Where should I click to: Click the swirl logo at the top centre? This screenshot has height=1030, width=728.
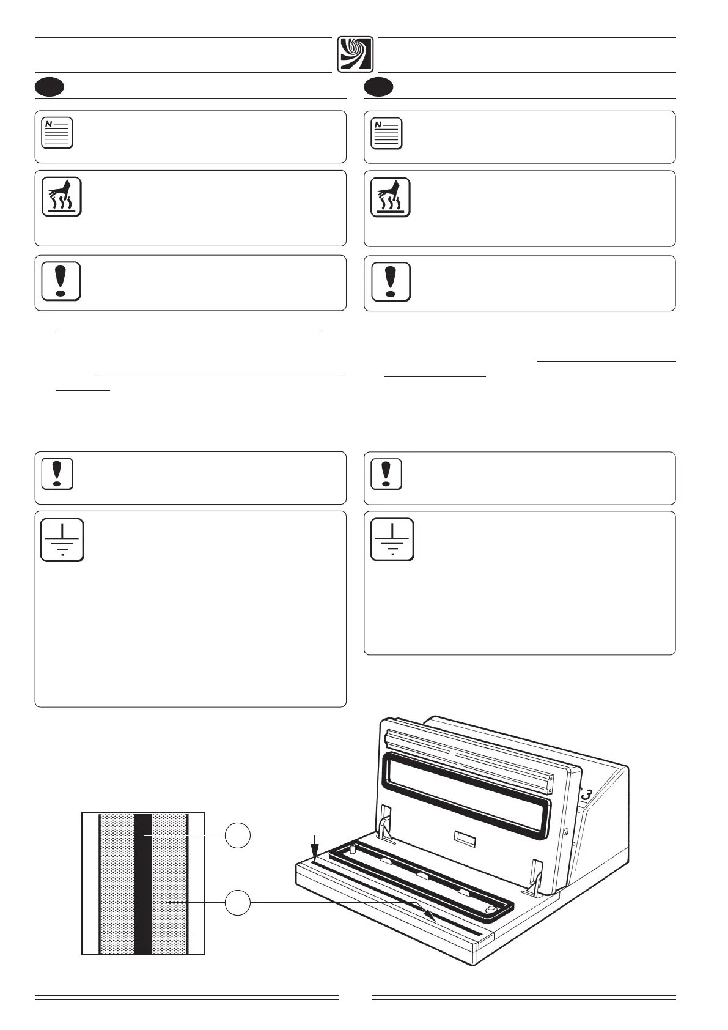pos(355,54)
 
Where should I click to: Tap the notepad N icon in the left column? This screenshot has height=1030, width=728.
pos(57,132)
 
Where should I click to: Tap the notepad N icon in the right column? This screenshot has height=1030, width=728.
pos(386,133)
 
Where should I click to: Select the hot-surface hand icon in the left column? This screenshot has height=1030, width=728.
pos(61,197)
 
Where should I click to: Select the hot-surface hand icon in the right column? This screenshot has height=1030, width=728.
pos(391,197)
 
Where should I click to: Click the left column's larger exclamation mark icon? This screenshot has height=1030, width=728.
pos(61,281)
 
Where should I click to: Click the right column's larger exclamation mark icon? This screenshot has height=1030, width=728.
pos(391,281)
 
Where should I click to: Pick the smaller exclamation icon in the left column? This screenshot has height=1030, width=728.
pos(57,473)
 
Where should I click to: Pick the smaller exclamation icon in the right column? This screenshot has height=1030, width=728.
pos(386,473)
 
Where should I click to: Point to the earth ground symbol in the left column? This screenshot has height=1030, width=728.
pos(62,540)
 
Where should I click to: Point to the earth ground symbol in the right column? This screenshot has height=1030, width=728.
pos(392,539)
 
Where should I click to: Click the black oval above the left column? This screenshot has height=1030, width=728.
pos(50,87)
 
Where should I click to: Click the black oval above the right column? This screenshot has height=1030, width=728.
pos(378,87)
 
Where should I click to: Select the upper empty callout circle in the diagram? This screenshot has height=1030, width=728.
pos(238,835)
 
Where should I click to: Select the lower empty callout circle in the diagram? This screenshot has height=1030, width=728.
pos(238,903)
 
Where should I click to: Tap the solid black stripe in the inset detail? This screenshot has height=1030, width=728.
pos(143,883)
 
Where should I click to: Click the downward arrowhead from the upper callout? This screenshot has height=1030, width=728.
pos(315,852)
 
